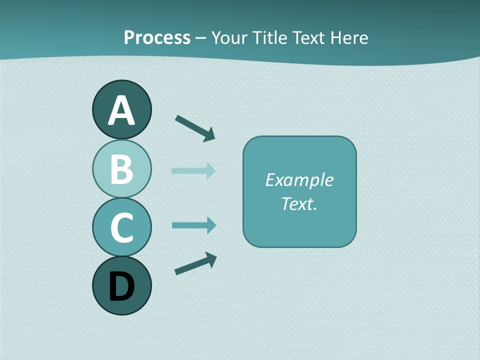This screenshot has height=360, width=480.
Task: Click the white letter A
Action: (121, 111)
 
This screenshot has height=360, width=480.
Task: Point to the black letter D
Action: (121, 287)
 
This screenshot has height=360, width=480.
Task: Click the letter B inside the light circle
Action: (121, 169)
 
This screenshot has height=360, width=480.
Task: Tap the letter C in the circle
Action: (121, 228)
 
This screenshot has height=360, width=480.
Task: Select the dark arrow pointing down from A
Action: (194, 127)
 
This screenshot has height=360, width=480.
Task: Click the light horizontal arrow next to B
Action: (192, 170)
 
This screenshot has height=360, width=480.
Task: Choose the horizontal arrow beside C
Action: (193, 225)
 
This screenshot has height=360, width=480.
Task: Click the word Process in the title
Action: (157, 37)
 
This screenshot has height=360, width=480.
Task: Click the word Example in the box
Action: (299, 180)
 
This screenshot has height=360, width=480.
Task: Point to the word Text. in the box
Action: (299, 203)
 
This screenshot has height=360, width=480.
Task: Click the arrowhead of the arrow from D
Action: (211, 259)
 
